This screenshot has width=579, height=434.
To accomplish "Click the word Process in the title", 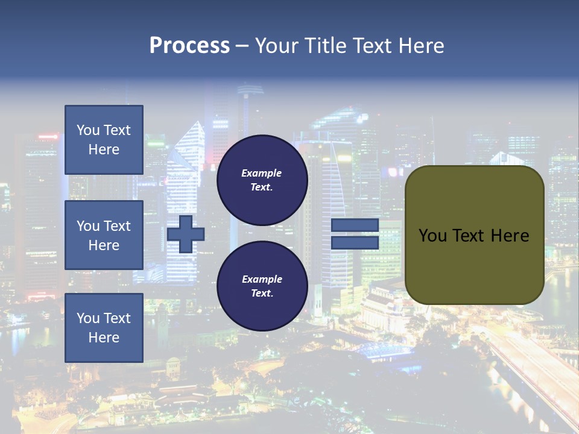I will [x=189, y=46].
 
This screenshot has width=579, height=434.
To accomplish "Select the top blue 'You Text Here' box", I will [x=104, y=140].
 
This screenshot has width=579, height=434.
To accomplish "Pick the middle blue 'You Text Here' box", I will [x=104, y=235].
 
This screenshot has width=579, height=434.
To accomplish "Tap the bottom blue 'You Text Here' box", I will [x=104, y=327].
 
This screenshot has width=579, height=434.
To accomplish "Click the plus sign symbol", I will [x=185, y=234].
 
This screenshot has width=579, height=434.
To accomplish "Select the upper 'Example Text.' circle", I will [x=262, y=180].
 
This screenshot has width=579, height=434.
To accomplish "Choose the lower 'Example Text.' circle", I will [x=262, y=286].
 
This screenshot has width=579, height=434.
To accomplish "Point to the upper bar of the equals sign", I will [x=355, y=225].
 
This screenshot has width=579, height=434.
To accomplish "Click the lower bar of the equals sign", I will [x=355, y=243].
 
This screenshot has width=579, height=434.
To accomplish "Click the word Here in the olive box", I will [x=510, y=236].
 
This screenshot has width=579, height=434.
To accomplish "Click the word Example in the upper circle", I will [x=262, y=173].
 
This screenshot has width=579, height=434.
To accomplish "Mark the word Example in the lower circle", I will [x=262, y=279].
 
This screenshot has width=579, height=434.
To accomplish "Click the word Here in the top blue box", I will [x=104, y=149].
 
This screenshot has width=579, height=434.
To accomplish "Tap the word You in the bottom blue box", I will [x=88, y=318].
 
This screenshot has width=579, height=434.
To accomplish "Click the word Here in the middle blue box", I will [x=104, y=245].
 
